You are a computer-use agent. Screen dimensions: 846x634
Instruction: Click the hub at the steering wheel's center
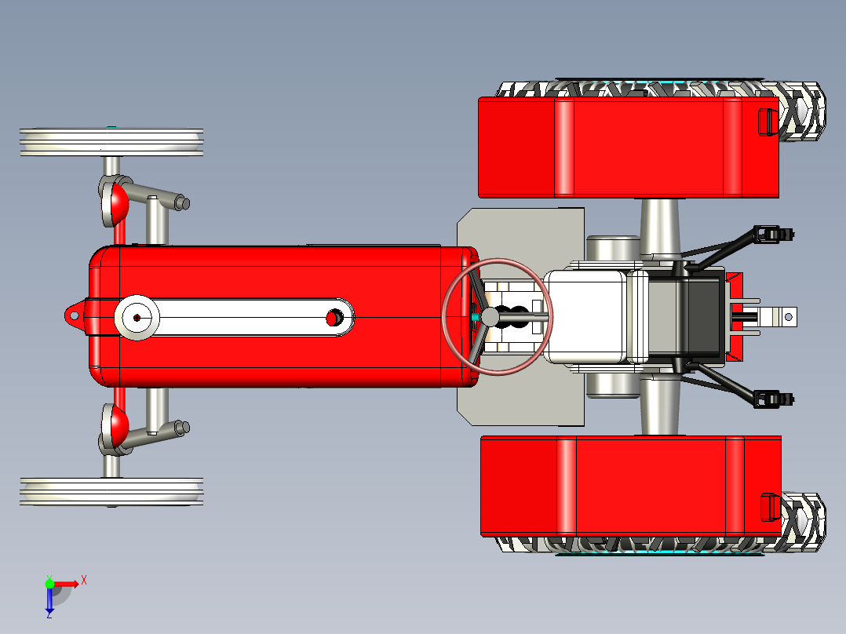tap(490, 317)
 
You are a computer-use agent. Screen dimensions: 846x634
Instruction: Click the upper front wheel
tap(111, 142)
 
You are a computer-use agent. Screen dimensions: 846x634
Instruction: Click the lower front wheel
tap(111, 491)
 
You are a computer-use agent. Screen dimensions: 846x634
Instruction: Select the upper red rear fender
tap(629, 148)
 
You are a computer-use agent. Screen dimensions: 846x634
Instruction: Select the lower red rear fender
tap(631, 486)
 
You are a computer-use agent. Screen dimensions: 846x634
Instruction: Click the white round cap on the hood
tap(137, 317)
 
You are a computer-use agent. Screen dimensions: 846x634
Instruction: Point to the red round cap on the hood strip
tap(334, 318)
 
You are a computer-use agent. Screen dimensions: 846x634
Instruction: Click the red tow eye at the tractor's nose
tap(74, 316)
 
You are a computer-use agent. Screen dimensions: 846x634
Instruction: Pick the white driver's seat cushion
tap(585, 317)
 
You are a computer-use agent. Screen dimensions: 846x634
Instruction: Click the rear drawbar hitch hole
tap(788, 317)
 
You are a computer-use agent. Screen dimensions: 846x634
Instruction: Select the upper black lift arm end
tap(774, 234)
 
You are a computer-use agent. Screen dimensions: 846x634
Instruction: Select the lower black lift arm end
tap(774, 399)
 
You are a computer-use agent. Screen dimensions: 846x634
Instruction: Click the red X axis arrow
tap(66, 584)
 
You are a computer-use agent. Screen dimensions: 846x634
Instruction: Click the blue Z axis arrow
tap(49, 601)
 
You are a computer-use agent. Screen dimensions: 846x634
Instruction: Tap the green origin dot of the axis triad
tap(49, 584)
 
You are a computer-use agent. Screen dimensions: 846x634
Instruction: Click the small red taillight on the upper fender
tap(768, 122)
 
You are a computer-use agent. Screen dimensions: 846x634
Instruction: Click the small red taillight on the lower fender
tap(771, 507)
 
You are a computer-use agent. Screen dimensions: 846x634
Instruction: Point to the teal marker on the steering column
tap(475, 317)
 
